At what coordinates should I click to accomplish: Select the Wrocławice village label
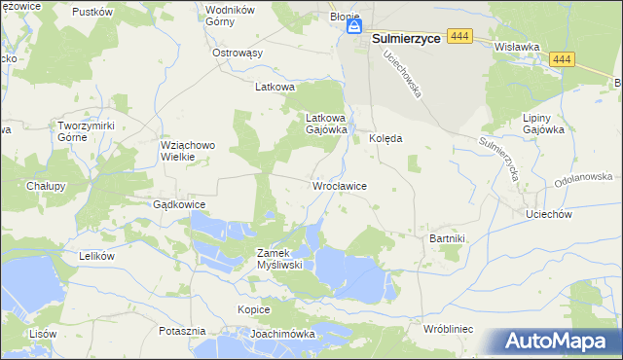click(338, 185)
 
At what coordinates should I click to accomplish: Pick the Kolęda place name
click(385, 138)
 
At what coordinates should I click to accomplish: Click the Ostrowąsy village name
click(238, 53)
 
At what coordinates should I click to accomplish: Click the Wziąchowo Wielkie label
click(186, 151)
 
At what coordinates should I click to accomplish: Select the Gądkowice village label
click(178, 204)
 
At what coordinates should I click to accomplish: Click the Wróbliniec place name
click(448, 330)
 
